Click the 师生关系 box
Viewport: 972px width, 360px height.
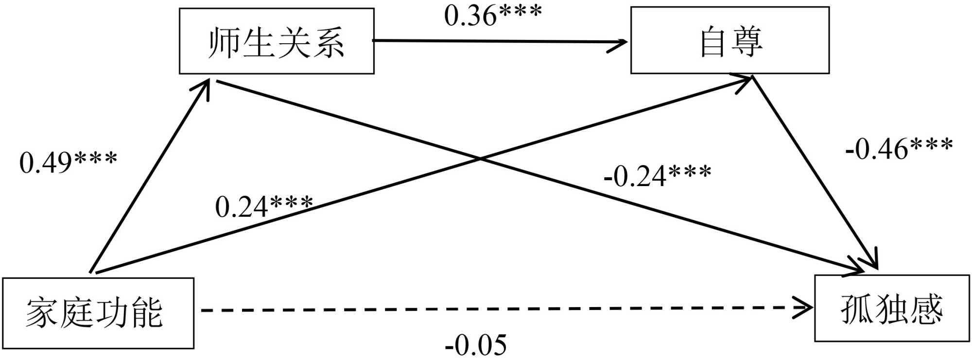pos(277,41)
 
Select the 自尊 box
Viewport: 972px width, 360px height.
pos(729,41)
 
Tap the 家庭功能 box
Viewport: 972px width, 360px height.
pos(98,313)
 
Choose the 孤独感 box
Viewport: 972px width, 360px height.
pos(891,309)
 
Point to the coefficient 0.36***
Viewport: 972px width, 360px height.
pos(492,16)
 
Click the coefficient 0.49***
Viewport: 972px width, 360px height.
pos(68,162)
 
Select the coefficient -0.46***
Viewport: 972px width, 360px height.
pos(899,149)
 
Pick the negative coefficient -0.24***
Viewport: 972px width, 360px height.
pos(657,176)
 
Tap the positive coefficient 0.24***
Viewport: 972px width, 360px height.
pos(264,206)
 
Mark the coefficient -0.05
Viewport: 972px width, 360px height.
pos(476,345)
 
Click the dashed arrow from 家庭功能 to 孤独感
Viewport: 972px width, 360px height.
pos(486,309)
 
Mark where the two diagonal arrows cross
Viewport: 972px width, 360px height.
pos(480,158)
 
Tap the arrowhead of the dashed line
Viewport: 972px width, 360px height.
pos(804,308)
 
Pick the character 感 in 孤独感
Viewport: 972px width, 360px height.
pos(926,309)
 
